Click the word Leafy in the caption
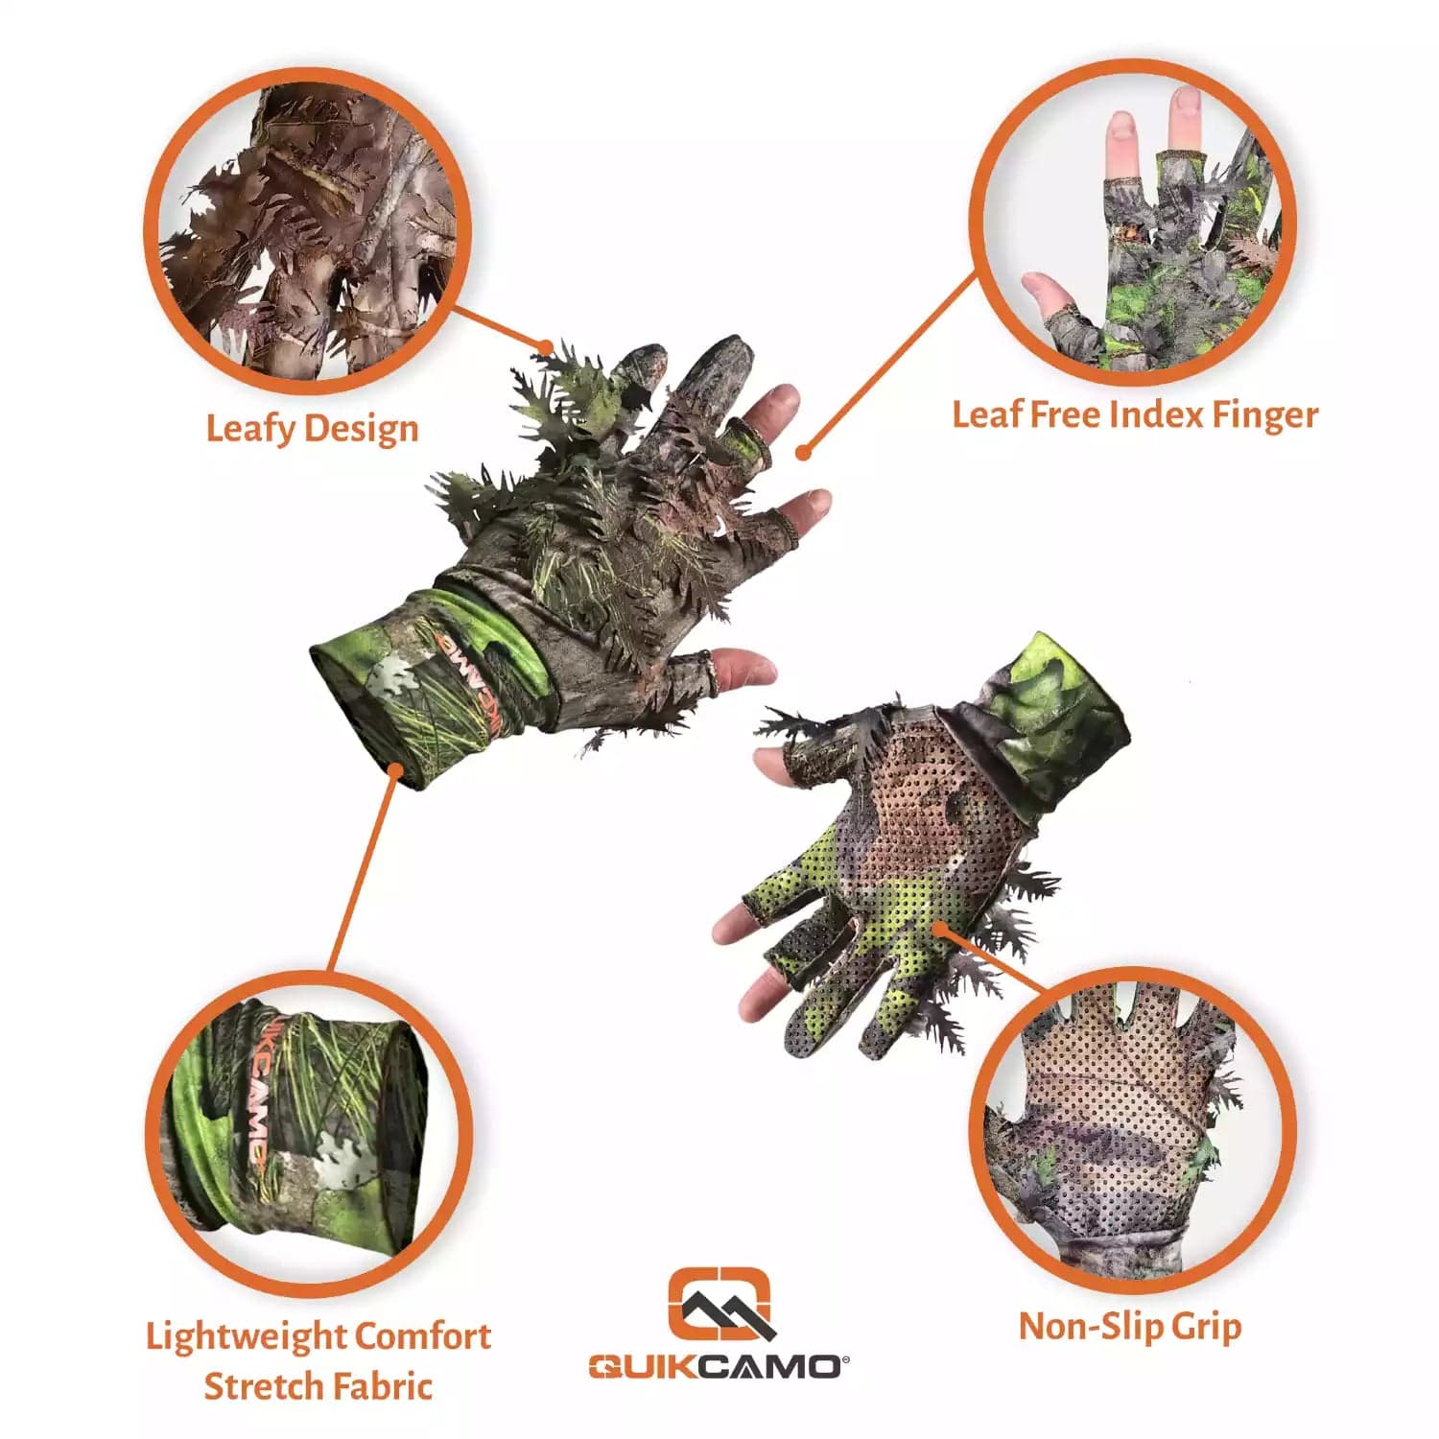pyautogui.click(x=247, y=428)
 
